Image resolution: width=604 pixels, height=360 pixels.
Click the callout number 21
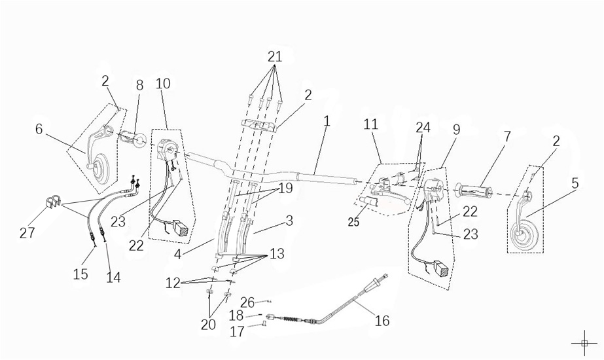[275, 56]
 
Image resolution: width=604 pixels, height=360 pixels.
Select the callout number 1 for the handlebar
[327, 121]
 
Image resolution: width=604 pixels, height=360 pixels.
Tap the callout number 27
[27, 233]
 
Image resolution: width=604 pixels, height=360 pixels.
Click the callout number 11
[371, 124]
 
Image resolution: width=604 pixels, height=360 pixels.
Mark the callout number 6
[39, 129]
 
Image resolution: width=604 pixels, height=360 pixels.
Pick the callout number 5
[575, 183]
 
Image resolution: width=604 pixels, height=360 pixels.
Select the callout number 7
[507, 137]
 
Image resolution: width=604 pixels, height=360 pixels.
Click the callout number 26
[247, 303]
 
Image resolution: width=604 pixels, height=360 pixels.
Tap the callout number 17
[237, 333]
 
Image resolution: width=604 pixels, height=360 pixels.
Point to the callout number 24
[423, 127]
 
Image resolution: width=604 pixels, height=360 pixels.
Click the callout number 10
[163, 83]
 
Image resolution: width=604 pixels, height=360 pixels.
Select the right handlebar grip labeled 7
[476, 191]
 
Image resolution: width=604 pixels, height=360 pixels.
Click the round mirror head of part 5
[524, 236]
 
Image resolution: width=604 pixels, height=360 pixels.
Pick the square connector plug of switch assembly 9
[440, 269]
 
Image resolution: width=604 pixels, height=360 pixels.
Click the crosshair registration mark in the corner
[584, 342]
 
